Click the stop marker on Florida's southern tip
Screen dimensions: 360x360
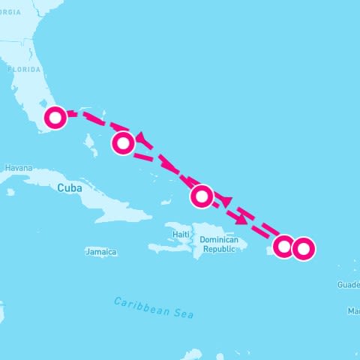pyautogui.click(x=55, y=118)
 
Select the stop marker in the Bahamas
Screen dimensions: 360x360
pyautogui.click(x=124, y=142)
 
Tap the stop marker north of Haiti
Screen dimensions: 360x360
pyautogui.click(x=201, y=196)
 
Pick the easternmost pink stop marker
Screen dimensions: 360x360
pyautogui.click(x=302, y=248)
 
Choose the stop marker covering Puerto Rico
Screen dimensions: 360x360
pyautogui.click(x=283, y=246)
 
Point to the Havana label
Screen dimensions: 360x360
pyautogui.click(x=19, y=169)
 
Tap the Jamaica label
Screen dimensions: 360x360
pyautogui.click(x=101, y=253)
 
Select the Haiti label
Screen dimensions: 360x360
pyautogui.click(x=181, y=234)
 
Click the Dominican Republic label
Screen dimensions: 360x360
pyautogui.click(x=218, y=244)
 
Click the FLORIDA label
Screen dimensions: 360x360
pyautogui.click(x=24, y=69)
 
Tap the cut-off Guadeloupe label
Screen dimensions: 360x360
pyautogui.click(x=349, y=285)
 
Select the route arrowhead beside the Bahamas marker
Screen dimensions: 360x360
pyautogui.click(x=140, y=136)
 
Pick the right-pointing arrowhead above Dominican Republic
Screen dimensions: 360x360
pyautogui.click(x=241, y=220)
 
